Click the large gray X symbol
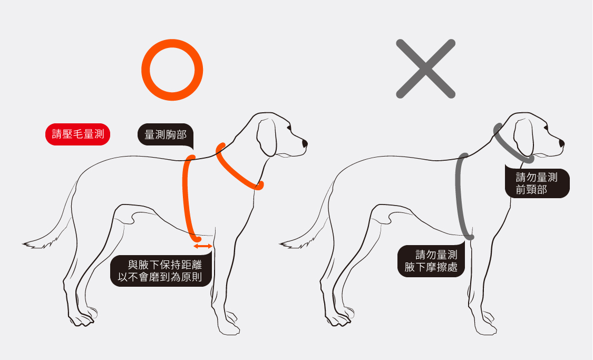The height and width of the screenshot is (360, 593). click(425, 69)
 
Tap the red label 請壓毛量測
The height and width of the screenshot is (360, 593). click(77, 134)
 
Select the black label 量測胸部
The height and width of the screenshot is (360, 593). click(166, 134)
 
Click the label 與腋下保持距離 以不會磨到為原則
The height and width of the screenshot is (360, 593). click(161, 271)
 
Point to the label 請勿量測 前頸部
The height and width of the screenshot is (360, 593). click(537, 183)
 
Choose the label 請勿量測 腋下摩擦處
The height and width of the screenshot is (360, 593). click(431, 261)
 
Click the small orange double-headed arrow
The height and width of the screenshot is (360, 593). click(203, 246)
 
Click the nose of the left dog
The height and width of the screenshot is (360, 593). click(305, 144)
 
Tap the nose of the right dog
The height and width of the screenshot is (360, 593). click(561, 143)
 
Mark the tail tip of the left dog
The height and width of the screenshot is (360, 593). click(23, 244)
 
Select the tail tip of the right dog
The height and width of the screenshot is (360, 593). click(280, 244)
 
